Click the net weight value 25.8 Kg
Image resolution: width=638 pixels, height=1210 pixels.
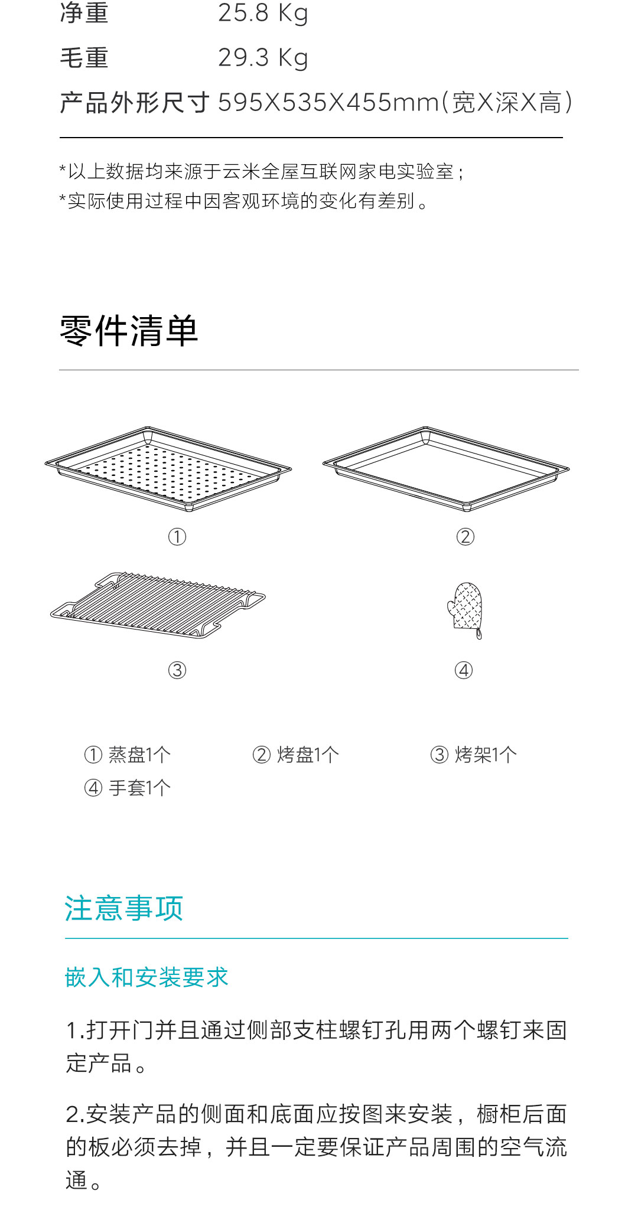pyautogui.click(x=263, y=13)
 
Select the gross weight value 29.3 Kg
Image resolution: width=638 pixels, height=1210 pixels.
pyautogui.click(x=263, y=58)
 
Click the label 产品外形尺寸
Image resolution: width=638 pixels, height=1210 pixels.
pyautogui.click(x=135, y=103)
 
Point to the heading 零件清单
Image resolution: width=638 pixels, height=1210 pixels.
pyautogui.click(x=129, y=331)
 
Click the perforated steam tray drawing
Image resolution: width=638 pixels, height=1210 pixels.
pyautogui.click(x=168, y=469)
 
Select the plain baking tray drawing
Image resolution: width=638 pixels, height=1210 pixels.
pyautogui.click(x=446, y=469)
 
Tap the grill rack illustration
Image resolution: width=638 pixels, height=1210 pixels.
pyautogui.click(x=158, y=605)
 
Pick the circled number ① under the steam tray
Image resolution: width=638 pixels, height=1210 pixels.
pyautogui.click(x=177, y=537)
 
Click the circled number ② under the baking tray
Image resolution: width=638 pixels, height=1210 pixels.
pyautogui.click(x=466, y=537)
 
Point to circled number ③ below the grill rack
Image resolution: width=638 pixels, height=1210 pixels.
pyautogui.click(x=177, y=670)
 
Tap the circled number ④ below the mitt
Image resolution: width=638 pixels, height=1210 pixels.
pyautogui.click(x=464, y=670)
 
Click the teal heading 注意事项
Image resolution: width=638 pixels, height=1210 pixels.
pyautogui.click(x=124, y=908)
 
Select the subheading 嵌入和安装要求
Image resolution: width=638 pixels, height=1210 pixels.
pyautogui.click(x=147, y=977)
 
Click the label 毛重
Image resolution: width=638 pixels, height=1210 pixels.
pyautogui.click(x=84, y=58)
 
